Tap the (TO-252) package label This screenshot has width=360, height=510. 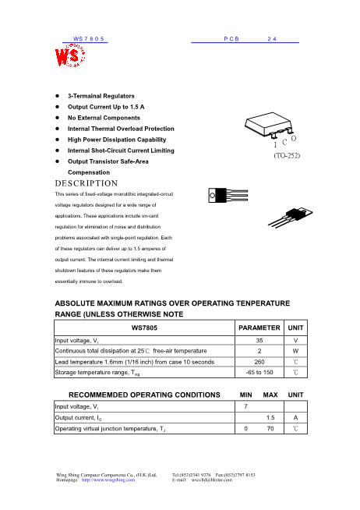287,156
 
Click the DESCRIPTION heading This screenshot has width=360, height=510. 86,182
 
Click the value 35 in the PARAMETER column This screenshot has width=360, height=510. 259,341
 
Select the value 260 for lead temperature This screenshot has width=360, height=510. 259,362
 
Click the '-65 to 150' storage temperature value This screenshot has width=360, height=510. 259,373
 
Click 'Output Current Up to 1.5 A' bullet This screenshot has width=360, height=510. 106,106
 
